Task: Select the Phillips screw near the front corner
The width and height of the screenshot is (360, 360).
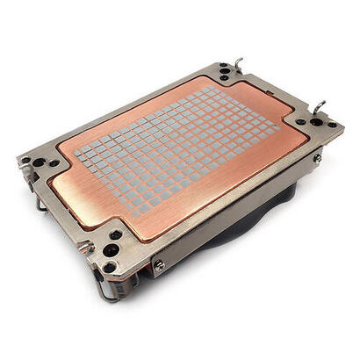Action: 159,264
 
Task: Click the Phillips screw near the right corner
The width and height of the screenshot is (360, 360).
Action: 317,158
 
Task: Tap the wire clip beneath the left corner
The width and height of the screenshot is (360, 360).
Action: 40,205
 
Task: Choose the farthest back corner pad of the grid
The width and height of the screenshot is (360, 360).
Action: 209,89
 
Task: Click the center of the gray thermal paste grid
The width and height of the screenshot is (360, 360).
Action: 176,147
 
